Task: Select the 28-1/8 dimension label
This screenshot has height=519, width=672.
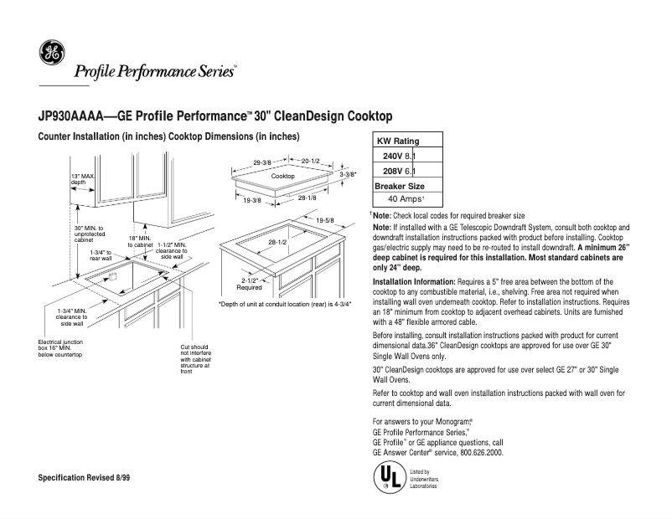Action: point(307,198)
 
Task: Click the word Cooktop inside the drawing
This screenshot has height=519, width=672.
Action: point(282,177)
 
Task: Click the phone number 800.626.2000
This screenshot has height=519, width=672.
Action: point(481,452)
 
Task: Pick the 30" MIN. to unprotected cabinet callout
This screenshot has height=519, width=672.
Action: point(89,233)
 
